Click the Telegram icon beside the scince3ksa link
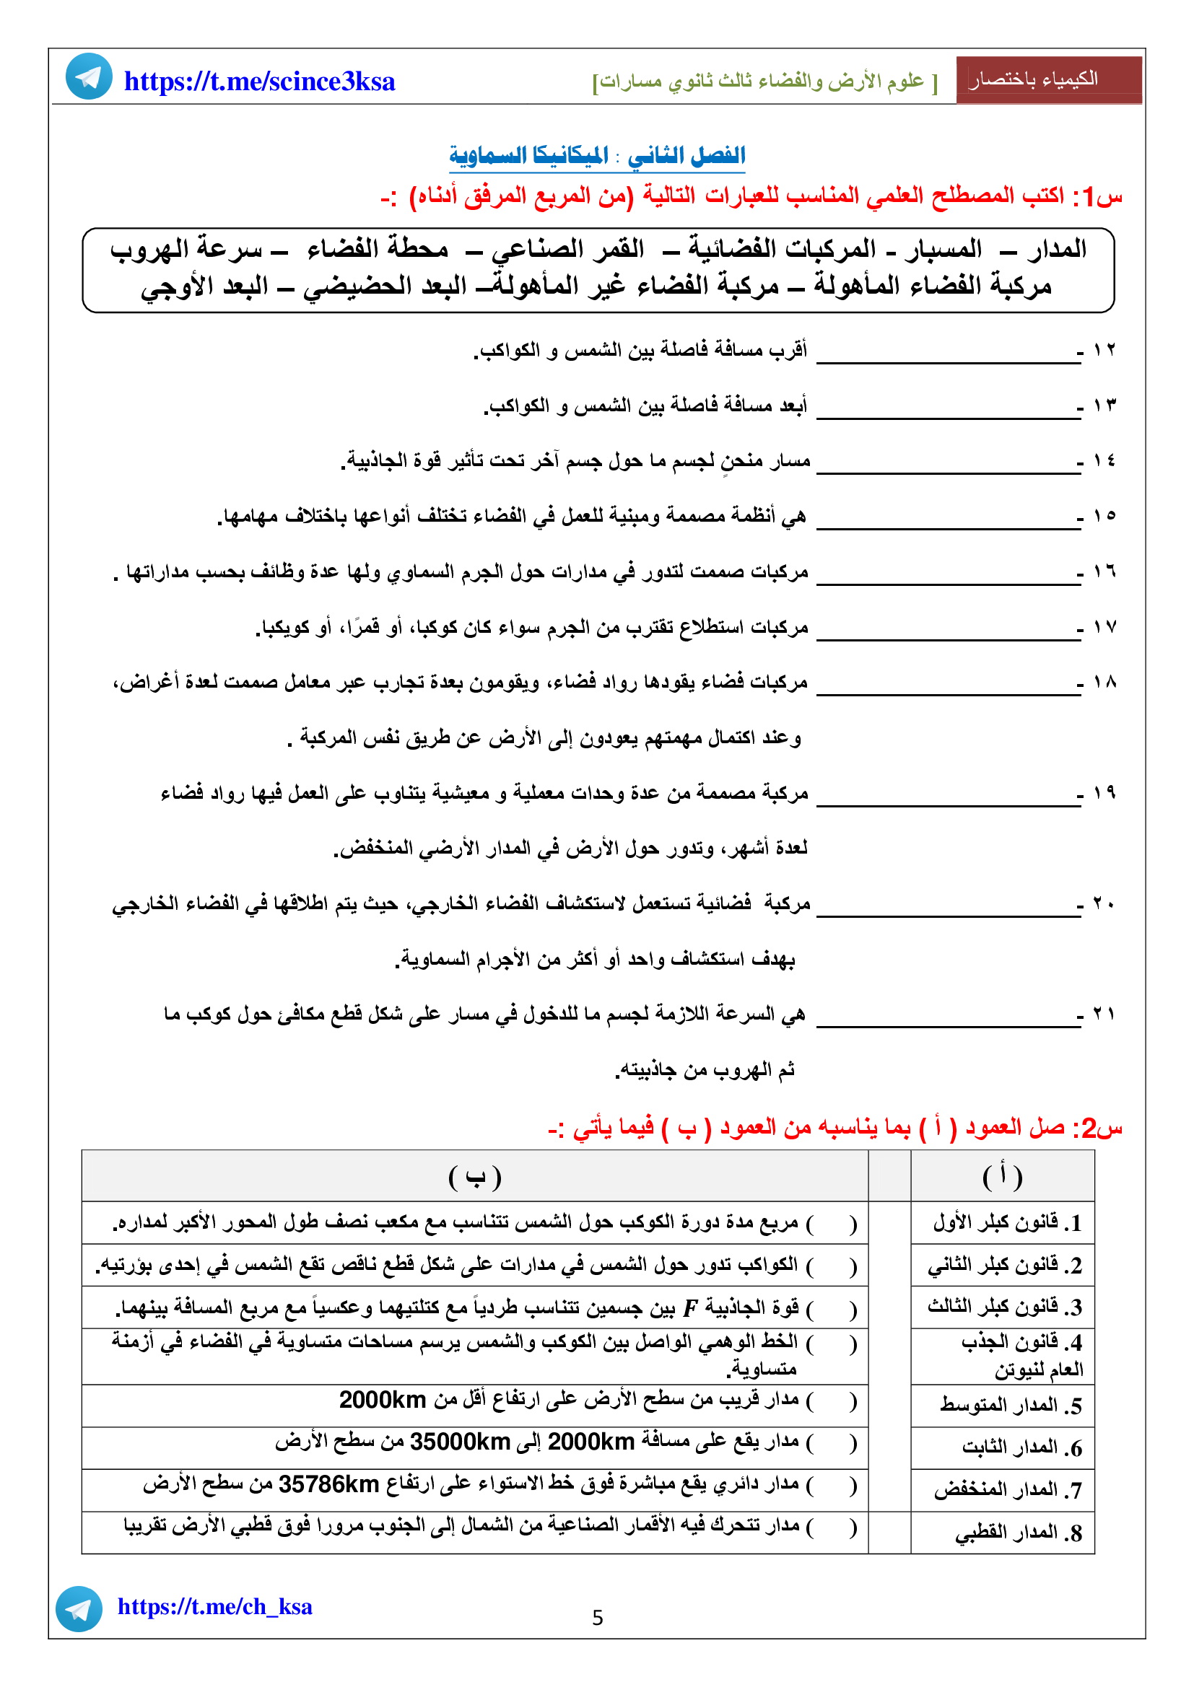point(89,76)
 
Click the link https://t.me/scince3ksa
point(259,82)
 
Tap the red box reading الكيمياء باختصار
point(1048,79)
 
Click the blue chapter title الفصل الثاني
point(686,155)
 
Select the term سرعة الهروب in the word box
point(187,250)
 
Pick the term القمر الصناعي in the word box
point(567,250)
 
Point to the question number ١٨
point(1104,683)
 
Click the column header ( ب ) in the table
point(475,1177)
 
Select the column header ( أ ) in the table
point(1002,1177)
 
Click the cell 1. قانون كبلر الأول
point(1007,1222)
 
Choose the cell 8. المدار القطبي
point(1019,1533)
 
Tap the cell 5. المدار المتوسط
point(1010,1406)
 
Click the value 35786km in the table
point(328,1485)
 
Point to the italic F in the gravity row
point(689,1308)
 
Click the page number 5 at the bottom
point(598,1618)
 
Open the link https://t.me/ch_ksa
point(214,1607)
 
